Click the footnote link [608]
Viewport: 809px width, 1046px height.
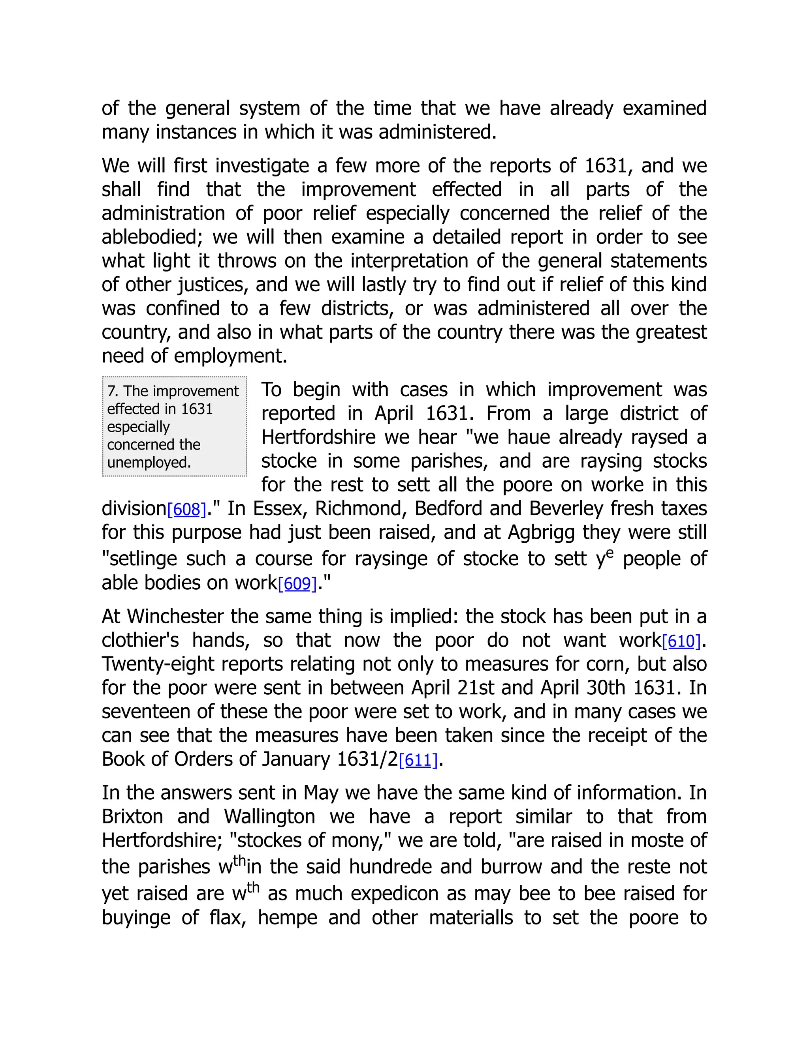[186, 510]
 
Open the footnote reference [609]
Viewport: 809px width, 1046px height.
[297, 584]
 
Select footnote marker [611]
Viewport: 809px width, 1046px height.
[418, 761]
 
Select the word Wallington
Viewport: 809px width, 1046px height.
[269, 817]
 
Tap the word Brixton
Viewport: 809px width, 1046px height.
[132, 817]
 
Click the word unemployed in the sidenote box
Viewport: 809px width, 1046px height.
[149, 463]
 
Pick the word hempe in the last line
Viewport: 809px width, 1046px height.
[287, 918]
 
